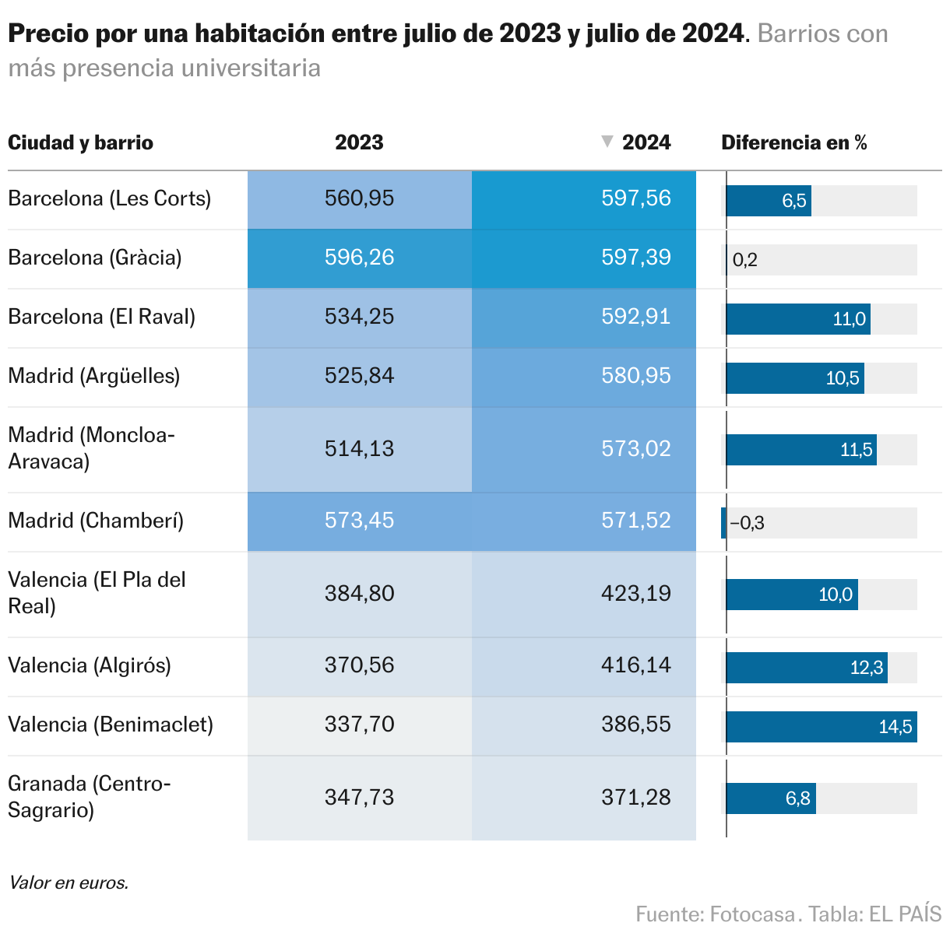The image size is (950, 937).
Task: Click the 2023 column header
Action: (359, 142)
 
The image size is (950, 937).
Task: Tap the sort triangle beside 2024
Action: (607, 142)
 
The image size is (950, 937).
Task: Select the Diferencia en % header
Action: (793, 142)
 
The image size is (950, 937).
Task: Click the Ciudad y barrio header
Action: (80, 142)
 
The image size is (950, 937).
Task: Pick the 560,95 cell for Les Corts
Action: (359, 198)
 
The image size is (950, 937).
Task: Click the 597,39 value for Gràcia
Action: (635, 258)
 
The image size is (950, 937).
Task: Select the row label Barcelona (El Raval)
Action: (101, 317)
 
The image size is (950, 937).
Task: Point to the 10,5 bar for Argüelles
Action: (795, 378)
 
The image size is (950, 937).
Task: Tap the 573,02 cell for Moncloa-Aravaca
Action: (635, 449)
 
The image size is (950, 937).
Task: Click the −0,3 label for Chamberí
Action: (748, 523)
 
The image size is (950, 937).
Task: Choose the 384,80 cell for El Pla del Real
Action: (359, 594)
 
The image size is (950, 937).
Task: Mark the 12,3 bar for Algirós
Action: (807, 668)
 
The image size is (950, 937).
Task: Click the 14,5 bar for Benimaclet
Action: (822, 727)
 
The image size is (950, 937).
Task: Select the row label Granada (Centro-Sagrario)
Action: (89, 797)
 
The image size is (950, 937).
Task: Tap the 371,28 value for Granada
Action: (635, 798)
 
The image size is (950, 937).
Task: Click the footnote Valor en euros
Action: (69, 883)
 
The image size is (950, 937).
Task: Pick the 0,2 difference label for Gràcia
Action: (744, 260)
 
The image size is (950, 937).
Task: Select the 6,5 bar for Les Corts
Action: (769, 201)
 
